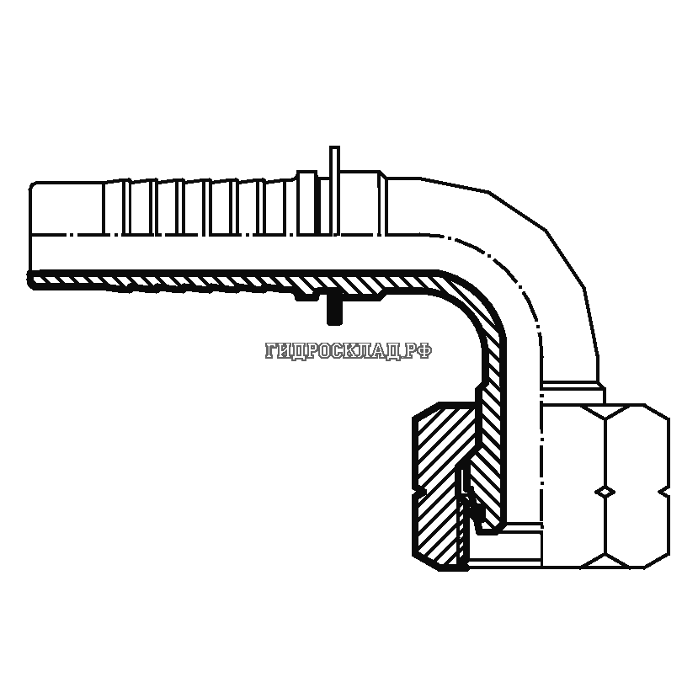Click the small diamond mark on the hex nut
604,491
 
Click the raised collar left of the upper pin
307,202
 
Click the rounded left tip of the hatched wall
32,279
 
